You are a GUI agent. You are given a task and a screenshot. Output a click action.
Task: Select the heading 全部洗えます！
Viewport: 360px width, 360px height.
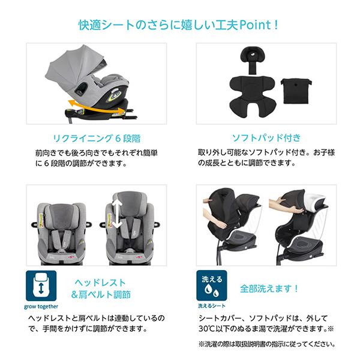(269, 288)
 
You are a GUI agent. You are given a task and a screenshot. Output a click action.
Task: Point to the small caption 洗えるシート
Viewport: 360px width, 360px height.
(212, 305)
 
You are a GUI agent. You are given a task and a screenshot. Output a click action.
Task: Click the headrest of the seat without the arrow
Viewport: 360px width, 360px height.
(58, 209)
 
